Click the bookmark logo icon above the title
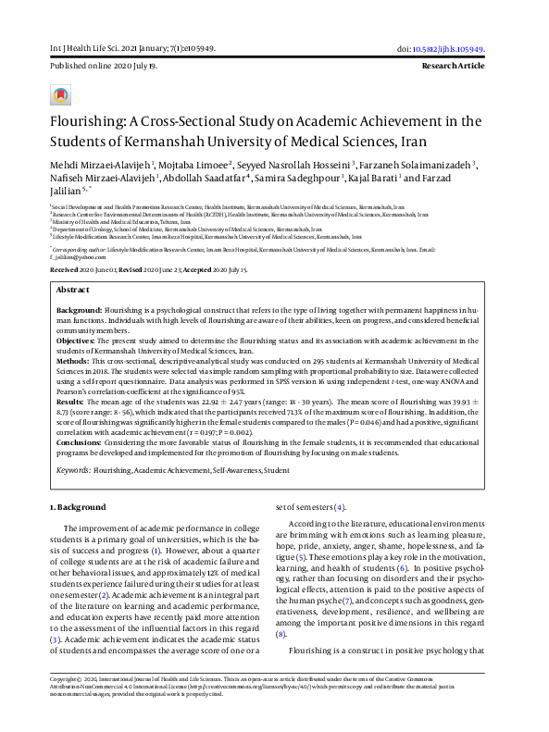(x=60, y=95)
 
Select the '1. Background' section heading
(x=80, y=507)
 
